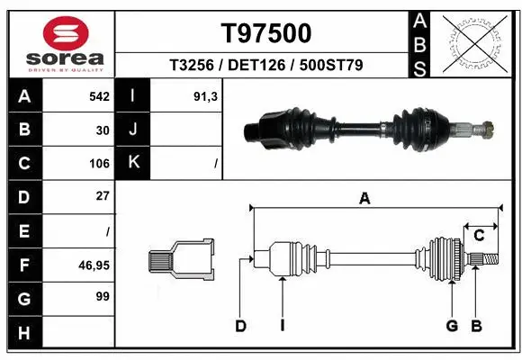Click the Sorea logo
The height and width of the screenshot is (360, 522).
coord(60,43)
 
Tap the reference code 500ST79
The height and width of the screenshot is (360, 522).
coord(330,65)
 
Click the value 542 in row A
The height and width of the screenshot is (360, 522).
coord(99,95)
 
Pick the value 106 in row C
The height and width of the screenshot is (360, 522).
coord(99,164)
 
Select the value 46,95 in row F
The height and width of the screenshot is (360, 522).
coord(94,265)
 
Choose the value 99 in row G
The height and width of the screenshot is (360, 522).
coord(102,296)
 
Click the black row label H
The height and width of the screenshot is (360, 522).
coord(23,333)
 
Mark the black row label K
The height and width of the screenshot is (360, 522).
coord(133,163)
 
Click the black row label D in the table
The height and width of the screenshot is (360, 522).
coord(23,196)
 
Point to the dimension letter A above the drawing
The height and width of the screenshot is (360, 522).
coord(364,199)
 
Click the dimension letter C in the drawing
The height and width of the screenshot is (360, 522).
coord(480,236)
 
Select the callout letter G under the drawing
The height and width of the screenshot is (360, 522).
coord(452,326)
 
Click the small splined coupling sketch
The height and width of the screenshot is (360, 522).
coord(181,260)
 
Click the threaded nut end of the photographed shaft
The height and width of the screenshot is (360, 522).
coord(488,129)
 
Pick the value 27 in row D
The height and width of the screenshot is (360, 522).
coord(102,196)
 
